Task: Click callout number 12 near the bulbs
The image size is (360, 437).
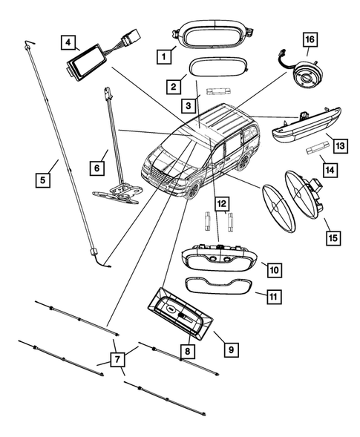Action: (x=221, y=201)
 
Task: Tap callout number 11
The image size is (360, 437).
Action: (x=273, y=297)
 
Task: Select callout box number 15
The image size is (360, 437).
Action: (x=333, y=237)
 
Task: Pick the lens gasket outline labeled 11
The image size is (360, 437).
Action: (x=220, y=286)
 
